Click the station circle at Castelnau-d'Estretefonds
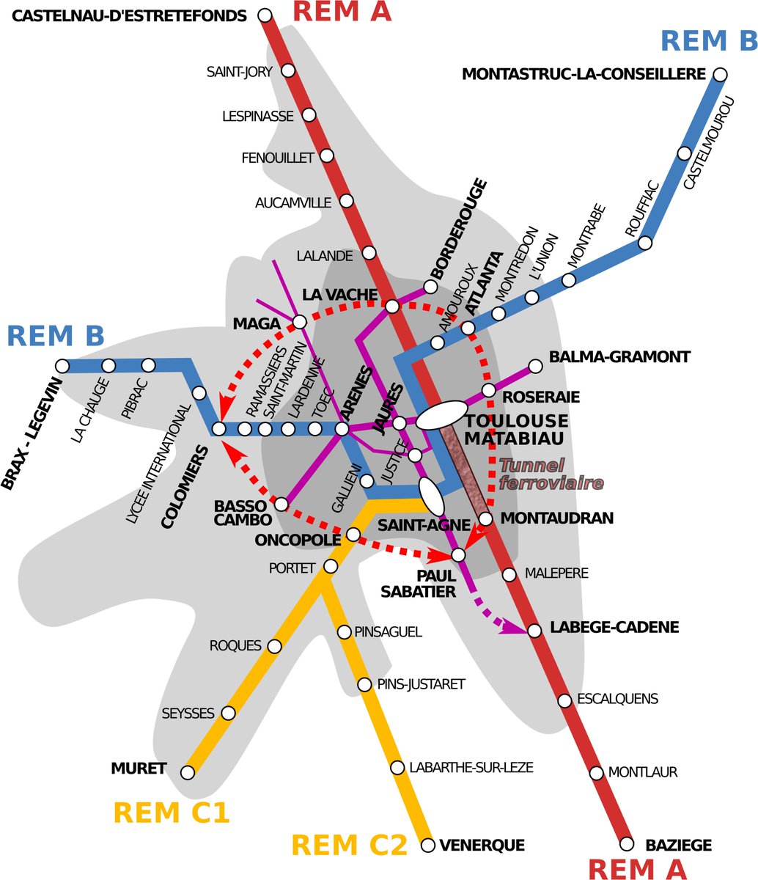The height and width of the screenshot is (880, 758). [265, 15]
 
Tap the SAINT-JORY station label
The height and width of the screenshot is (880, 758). [239, 72]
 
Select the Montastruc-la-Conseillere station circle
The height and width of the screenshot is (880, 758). [720, 75]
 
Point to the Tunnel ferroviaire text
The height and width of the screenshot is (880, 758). [551, 474]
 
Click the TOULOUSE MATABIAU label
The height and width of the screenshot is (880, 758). [517, 430]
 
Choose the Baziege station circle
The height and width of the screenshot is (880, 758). [626, 844]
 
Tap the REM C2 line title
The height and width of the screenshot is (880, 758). [349, 846]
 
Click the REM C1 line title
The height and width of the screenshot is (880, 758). [172, 813]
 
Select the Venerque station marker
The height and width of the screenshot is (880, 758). [428, 846]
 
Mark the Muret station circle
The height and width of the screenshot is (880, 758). [188, 771]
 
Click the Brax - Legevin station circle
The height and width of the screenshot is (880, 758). [62, 365]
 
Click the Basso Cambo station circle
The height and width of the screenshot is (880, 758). [280, 504]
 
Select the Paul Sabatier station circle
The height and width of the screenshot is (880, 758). [458, 554]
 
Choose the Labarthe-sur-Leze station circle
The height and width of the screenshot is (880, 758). [397, 768]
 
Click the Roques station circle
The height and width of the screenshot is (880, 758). [275, 646]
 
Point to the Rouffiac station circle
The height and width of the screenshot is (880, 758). [646, 243]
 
